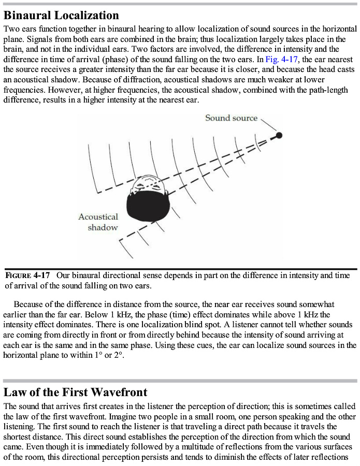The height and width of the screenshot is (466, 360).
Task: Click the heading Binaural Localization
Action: pyautogui.click(x=61, y=15)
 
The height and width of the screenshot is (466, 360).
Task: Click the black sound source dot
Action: pyautogui.click(x=279, y=135)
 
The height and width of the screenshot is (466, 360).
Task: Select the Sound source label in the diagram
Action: pyautogui.click(x=231, y=118)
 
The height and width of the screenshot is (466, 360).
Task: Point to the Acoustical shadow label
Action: pyautogui.click(x=98, y=222)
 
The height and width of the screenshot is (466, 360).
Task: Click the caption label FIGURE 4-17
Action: pyautogui.click(x=28, y=275)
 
